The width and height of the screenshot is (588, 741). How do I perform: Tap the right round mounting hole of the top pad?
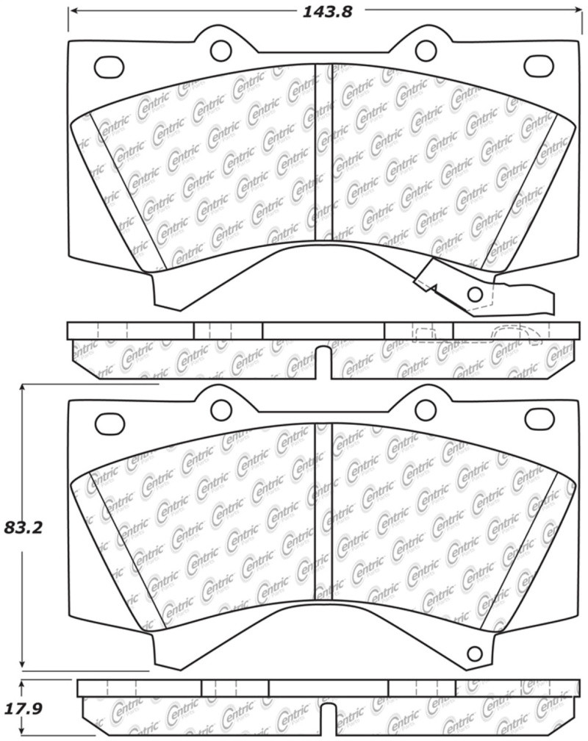(x=425, y=50)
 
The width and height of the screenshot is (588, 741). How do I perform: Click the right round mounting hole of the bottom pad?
(x=425, y=408)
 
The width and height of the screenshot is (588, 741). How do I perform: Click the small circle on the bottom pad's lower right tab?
(x=475, y=651)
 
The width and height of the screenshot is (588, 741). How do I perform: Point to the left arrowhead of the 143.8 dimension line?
(x=72, y=11)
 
